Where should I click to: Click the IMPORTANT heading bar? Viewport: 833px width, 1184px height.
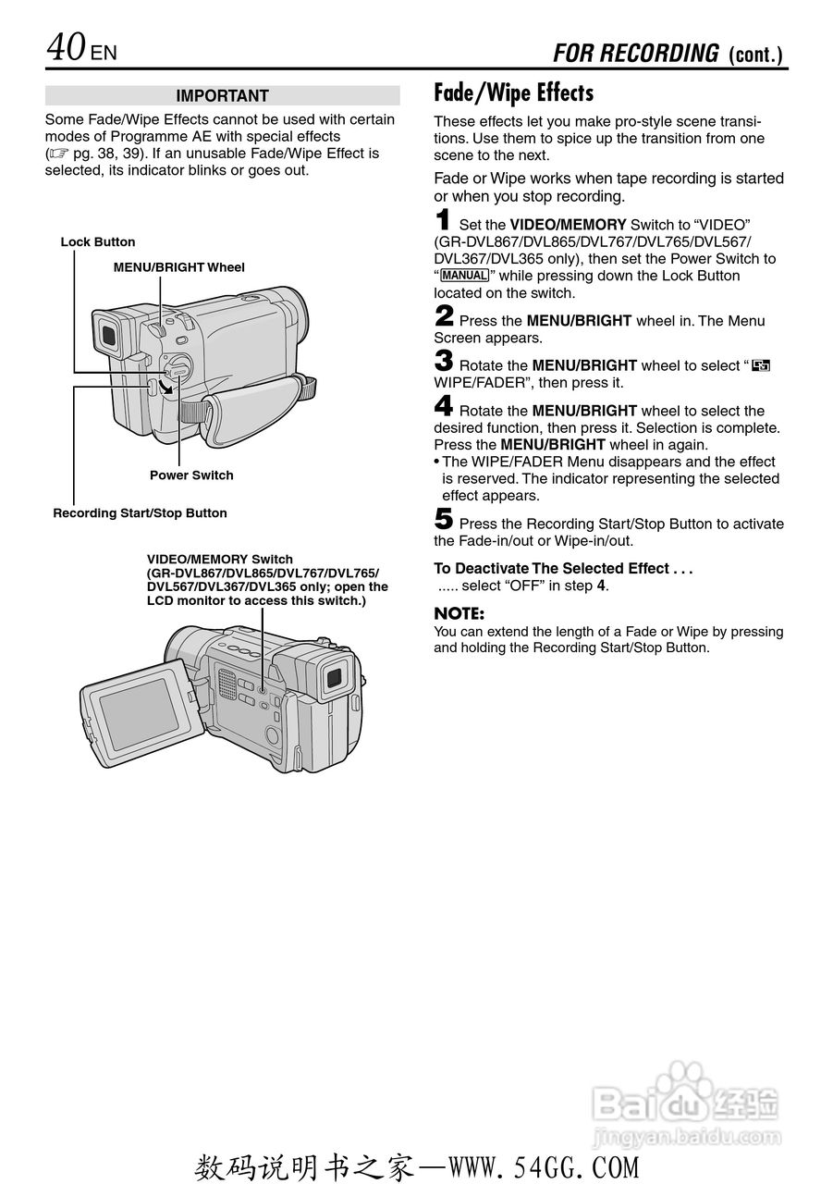[222, 96]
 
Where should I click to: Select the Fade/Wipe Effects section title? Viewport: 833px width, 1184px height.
[513, 93]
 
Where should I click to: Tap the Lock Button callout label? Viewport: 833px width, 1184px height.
[98, 242]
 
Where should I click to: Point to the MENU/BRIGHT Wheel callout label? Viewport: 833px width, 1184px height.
[179, 267]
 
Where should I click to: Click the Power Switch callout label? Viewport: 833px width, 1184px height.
[191, 475]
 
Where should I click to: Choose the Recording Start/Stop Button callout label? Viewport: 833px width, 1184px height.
[140, 513]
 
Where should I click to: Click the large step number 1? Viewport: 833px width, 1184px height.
[444, 222]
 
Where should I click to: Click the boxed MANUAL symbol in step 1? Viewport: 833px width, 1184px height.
[464, 276]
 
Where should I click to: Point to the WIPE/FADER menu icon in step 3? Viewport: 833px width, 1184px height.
[761, 366]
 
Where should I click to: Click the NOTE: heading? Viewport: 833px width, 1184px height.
[459, 613]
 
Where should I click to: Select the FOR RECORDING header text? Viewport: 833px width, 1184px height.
[635, 54]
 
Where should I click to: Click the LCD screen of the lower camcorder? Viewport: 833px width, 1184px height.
[139, 713]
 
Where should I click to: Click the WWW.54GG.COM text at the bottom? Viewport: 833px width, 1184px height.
[544, 1167]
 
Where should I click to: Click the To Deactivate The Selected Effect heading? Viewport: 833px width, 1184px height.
[563, 569]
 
